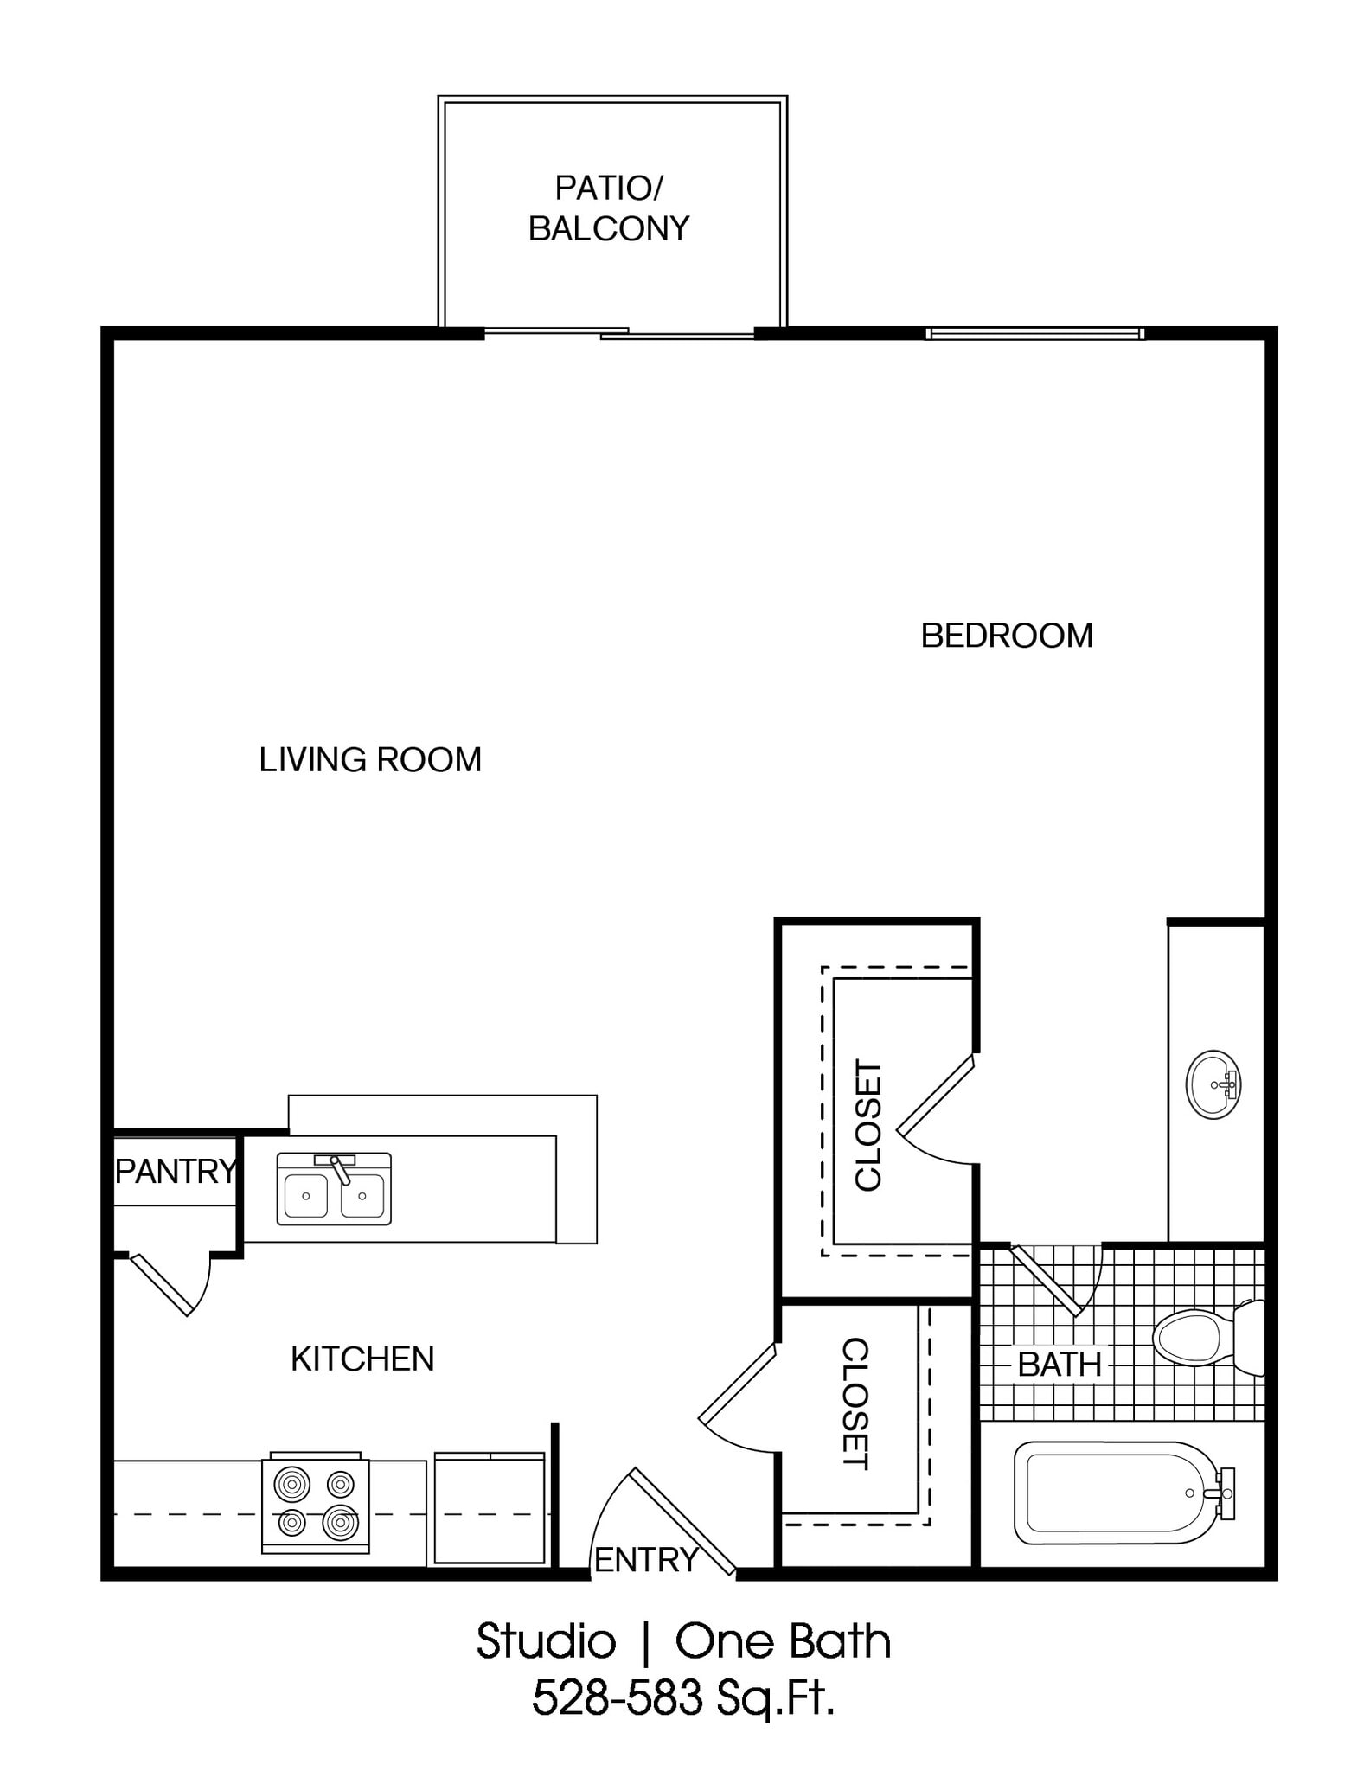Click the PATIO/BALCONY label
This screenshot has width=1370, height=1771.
[609, 208]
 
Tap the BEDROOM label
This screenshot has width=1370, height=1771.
[1006, 636]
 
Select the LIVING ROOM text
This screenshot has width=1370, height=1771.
[370, 759]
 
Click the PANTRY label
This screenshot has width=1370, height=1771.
[176, 1171]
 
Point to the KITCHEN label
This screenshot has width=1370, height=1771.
[362, 1359]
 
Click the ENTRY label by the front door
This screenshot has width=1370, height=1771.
[646, 1559]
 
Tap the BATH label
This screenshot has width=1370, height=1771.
[1059, 1365]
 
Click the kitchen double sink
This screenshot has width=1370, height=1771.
[334, 1191]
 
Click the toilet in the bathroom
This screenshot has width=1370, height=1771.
[1202, 1339]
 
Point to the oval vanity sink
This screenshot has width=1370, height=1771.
[1213, 1084]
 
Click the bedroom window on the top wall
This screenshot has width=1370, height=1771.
[1034, 334]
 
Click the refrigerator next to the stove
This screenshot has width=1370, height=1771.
[489, 1508]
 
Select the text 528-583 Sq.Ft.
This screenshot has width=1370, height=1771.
[683, 1697]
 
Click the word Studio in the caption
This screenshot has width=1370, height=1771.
[546, 1640]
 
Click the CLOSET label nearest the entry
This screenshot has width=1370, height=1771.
[854, 1403]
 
